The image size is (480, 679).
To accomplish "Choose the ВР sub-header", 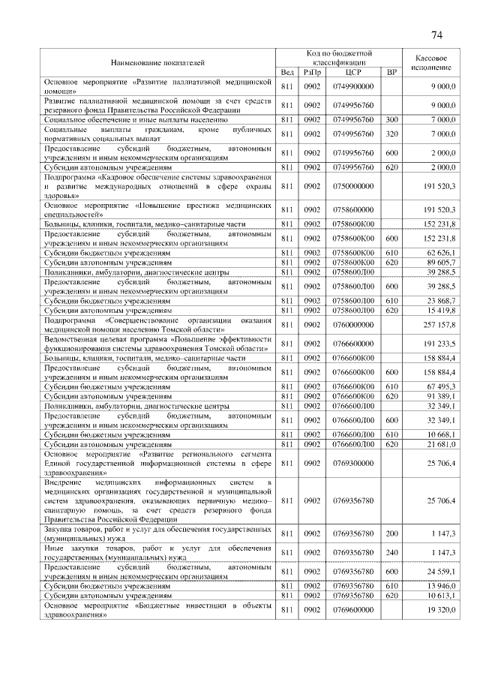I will (x=391, y=71).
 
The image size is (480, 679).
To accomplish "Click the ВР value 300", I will (x=391, y=119).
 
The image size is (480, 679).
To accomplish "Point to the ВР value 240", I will (x=391, y=552).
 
